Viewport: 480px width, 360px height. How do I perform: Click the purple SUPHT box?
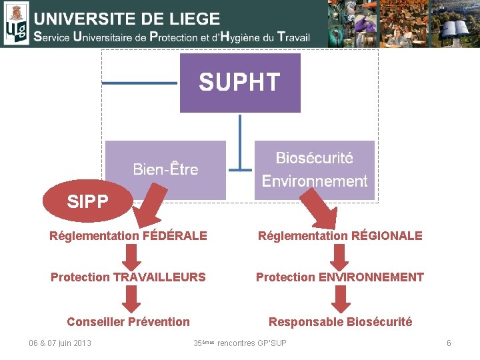pos(240,83)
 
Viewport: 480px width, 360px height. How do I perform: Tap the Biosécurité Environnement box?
pos(315,169)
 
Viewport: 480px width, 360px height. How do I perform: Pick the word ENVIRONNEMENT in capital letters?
pos(375,277)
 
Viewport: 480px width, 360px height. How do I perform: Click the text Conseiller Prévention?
pos(128,322)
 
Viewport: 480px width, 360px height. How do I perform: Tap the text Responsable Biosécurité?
pos(340,322)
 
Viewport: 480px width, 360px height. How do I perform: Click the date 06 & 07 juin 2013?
pos(60,343)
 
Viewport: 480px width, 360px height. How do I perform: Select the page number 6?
pos(449,343)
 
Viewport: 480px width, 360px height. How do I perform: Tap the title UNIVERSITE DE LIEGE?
pos(127,19)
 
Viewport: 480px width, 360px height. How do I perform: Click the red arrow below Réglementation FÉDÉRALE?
pos(131,256)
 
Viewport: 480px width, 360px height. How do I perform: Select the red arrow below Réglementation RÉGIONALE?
pos(340,256)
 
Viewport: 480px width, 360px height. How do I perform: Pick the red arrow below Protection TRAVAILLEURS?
pos(131,298)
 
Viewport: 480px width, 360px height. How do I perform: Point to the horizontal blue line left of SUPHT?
pos(140,83)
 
